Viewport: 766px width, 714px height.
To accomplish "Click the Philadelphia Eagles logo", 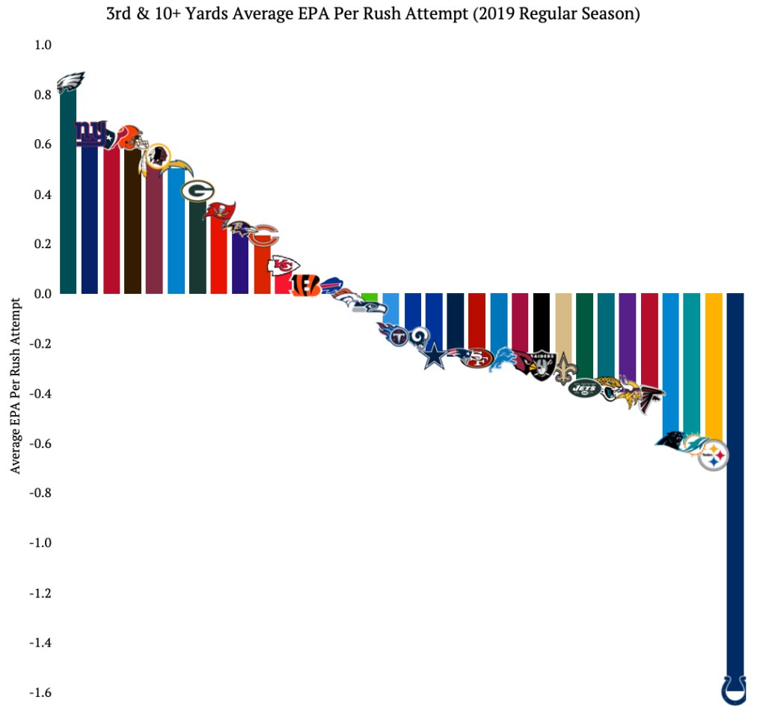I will [71, 81].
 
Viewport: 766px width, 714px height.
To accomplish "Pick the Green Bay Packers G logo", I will [198, 191].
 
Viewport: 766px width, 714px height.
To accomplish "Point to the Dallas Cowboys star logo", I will [434, 356].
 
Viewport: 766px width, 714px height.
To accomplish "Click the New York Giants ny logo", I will [91, 133].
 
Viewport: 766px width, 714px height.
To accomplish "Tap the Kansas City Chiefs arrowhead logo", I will [284, 265].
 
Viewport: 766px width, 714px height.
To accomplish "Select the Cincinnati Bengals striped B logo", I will [306, 285].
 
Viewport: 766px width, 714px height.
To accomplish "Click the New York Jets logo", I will [584, 388].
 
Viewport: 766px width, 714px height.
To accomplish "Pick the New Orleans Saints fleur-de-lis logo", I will [563, 369].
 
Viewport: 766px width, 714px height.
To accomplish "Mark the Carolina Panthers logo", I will [671, 440].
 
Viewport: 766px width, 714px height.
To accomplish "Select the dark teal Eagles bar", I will [68, 194].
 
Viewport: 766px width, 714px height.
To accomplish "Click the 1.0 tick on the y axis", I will [42, 45].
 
